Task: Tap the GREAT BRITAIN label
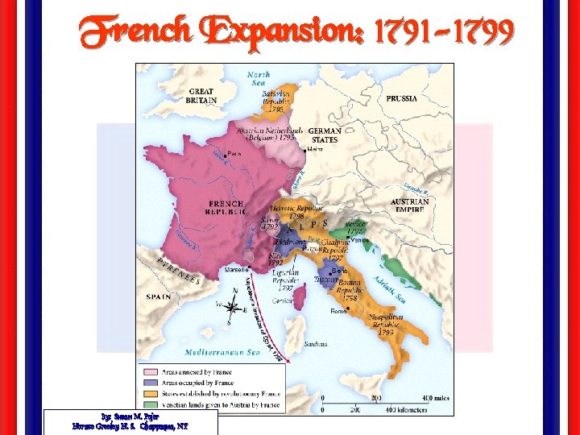(x=201, y=97)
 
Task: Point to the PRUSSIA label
(x=401, y=98)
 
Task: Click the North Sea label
(x=258, y=77)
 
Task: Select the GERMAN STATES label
(x=325, y=135)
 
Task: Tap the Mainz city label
(x=316, y=149)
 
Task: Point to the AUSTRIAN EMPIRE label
(x=409, y=205)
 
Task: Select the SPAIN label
(x=159, y=297)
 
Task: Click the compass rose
(x=232, y=307)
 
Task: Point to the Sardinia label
(x=316, y=344)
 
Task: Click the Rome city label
(x=338, y=309)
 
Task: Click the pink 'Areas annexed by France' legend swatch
(x=151, y=372)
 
